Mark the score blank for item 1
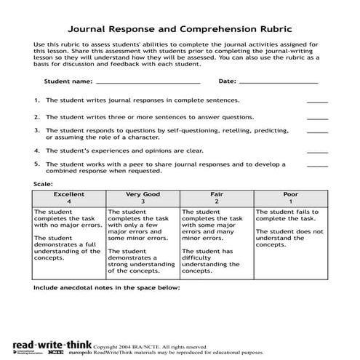[318, 103]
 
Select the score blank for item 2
[318, 119]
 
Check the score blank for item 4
[318, 152]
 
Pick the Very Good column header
[143, 199]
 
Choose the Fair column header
[216, 199]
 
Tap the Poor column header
[290, 199]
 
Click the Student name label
[68, 81]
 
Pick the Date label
[228, 81]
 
